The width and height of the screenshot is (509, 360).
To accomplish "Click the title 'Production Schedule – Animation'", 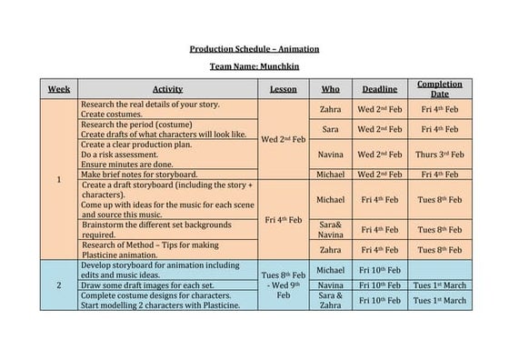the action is click(x=254, y=49).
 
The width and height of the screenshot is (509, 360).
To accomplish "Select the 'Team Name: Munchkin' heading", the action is click(x=254, y=67).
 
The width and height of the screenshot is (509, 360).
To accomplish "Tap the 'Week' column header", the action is click(x=59, y=89).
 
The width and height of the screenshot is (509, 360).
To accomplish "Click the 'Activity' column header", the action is click(x=167, y=89).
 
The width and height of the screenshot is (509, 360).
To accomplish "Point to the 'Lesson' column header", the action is click(x=284, y=89).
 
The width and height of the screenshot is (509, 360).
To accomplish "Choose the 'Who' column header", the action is click(x=331, y=89).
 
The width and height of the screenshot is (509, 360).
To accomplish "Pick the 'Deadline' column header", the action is click(x=379, y=89).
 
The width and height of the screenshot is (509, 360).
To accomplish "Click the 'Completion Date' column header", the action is click(x=439, y=89).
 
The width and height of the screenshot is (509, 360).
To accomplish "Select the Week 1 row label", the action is click(x=59, y=179).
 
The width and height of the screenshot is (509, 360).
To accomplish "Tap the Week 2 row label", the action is click(x=59, y=285).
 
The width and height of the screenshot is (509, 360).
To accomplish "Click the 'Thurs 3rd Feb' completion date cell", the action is click(x=439, y=155).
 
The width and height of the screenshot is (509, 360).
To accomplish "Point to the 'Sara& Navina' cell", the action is click(x=331, y=229).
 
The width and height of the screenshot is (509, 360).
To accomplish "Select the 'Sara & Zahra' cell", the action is click(x=331, y=300).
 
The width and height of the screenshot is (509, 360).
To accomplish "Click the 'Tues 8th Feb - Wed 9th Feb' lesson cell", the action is click(x=284, y=285).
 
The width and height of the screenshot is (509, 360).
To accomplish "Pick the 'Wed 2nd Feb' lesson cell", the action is click(x=284, y=139).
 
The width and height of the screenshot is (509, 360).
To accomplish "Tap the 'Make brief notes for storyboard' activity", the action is click(x=139, y=174).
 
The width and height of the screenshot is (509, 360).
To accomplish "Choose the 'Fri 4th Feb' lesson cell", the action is click(x=284, y=219).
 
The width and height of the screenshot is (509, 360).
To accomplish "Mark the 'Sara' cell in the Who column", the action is click(x=331, y=130).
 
